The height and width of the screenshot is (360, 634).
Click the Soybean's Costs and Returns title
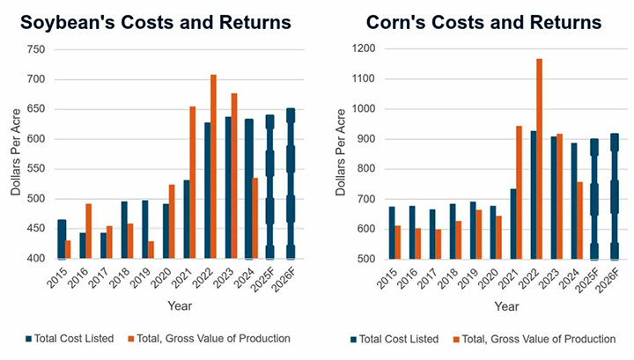coord(156,22)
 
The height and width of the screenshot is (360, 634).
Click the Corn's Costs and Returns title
coord(483,22)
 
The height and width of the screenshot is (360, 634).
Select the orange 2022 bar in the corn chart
coord(539,158)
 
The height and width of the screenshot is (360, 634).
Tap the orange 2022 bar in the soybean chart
coord(213,166)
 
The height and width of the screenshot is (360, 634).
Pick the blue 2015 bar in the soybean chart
coord(62,239)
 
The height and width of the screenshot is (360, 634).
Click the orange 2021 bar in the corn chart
coord(519,193)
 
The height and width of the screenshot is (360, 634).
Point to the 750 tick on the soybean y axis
coord(36,49)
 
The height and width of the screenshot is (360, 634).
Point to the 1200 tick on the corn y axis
coord(364,48)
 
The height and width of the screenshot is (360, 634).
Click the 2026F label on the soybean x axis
coord(284,279)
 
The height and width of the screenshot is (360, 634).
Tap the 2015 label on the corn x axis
coord(387,278)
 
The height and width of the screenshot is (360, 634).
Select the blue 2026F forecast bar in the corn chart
coord(615,196)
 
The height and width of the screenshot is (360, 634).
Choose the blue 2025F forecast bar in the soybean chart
coord(269,187)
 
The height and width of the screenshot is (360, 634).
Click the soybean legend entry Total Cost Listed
coord(70,339)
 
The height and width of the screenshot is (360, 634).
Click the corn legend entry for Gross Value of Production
coord(534,339)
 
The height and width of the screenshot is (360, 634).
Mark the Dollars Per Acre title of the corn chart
coord(341,152)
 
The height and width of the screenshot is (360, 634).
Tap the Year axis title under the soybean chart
coord(180,305)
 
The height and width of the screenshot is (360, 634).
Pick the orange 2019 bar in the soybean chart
coord(151,250)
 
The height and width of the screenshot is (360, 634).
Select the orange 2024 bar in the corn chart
coord(579,221)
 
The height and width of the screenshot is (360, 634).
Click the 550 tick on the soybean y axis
coord(36,169)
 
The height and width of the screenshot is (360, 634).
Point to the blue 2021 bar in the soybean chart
coord(187,219)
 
